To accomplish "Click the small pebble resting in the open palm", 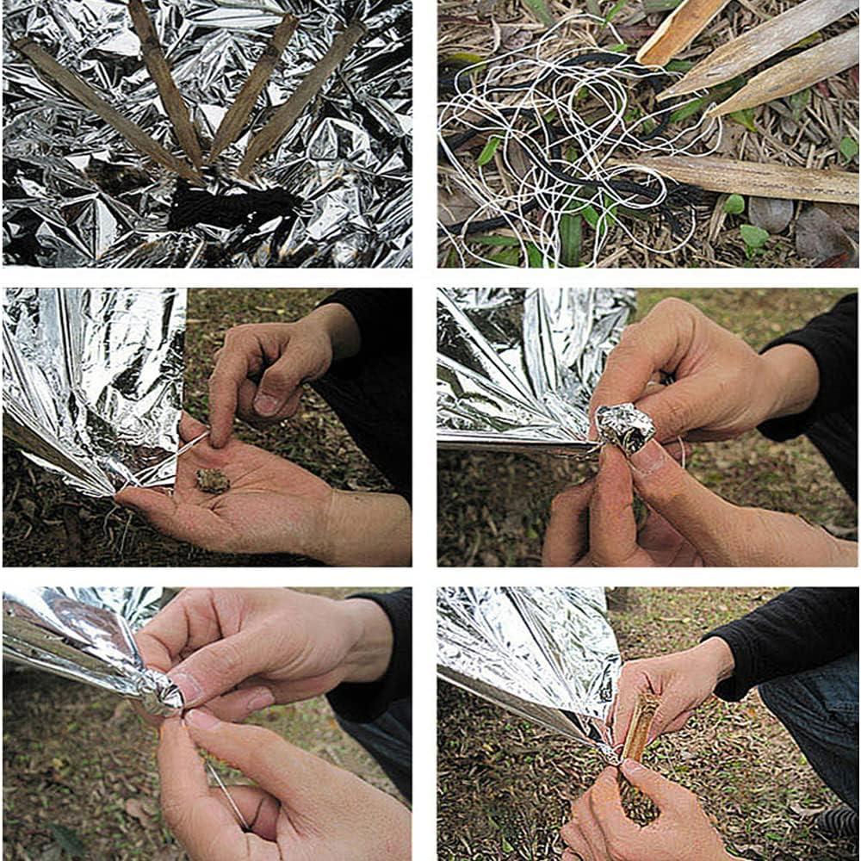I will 212,480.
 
